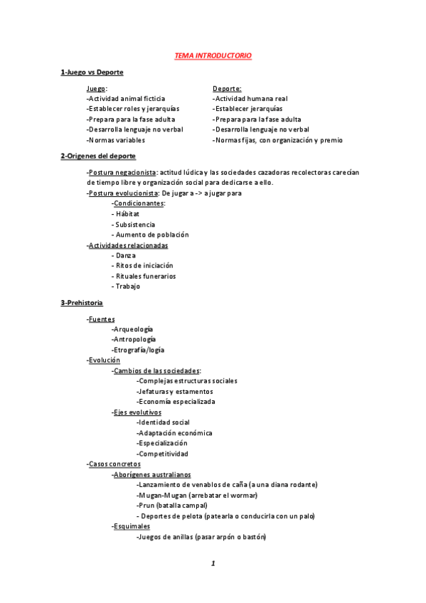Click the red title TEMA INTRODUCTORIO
click(213, 55)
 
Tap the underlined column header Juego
click(97, 88)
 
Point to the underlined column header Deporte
click(227, 88)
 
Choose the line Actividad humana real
click(250, 98)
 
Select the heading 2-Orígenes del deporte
click(98, 156)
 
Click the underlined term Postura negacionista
click(122, 172)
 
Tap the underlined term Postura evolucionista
click(123, 193)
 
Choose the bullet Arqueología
click(133, 329)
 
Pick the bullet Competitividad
click(163, 454)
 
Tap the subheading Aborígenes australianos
click(152, 474)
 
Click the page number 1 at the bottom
click(213, 563)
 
